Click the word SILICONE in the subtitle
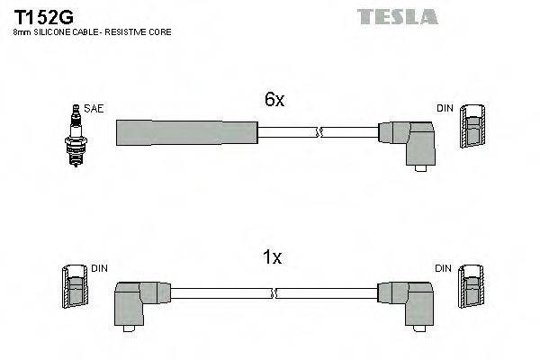(x=53, y=32)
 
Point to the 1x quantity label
(x=273, y=258)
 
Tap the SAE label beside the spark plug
(x=94, y=109)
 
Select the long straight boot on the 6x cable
(x=186, y=133)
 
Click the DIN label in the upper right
(x=445, y=109)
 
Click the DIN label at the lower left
(x=100, y=268)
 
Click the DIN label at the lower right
(x=444, y=268)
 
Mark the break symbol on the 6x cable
(x=317, y=134)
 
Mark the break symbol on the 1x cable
(x=274, y=292)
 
